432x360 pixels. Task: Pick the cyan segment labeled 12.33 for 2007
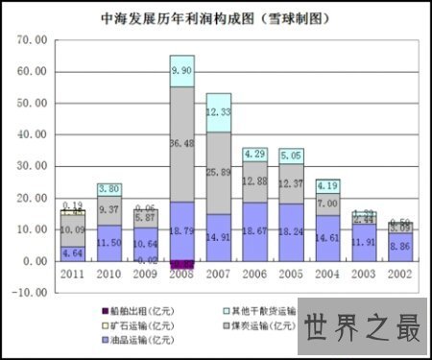coord(218,113)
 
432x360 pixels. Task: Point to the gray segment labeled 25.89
coord(218,173)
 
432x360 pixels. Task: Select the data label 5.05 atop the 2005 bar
coord(291,154)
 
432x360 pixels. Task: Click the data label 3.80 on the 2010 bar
coord(108,189)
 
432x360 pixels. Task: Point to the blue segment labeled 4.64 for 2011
coord(72,253)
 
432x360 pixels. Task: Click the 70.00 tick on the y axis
coord(33,40)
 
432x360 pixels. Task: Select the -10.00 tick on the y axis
coord(31,292)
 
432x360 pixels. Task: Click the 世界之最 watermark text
coord(364,329)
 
